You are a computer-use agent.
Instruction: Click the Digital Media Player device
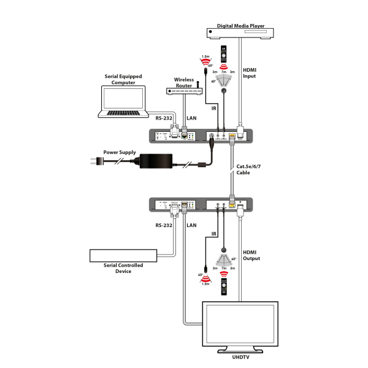pyautogui.click(x=239, y=33)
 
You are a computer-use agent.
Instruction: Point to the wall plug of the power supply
pyautogui.click(x=95, y=162)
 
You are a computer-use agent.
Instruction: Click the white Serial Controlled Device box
pyautogui.click(x=123, y=255)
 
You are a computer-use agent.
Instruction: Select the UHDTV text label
pyautogui.click(x=240, y=356)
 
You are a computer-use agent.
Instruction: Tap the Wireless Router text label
pyautogui.click(x=184, y=81)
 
